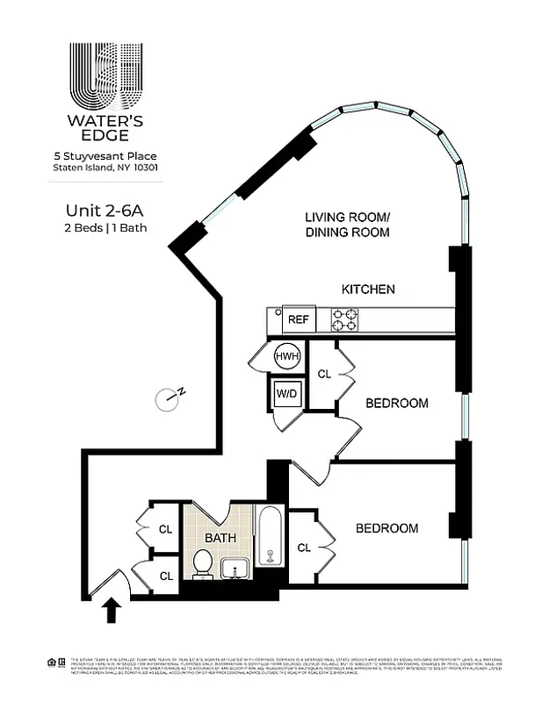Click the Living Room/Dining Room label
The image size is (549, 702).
pos(347,225)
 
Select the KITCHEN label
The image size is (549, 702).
pos(368,289)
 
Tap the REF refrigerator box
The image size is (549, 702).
pos(298,320)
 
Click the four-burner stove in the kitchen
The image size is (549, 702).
pos(344,320)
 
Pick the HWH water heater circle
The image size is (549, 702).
pos(285,357)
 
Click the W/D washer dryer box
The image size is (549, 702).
pos(286,394)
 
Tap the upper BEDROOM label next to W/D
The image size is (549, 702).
pos(396,404)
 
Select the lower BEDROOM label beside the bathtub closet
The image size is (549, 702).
pos(386,528)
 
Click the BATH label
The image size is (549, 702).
pos(220,537)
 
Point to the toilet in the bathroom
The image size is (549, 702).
pos(201,563)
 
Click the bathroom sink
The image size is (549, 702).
pos(235,569)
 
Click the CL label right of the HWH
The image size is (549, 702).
pos(324,375)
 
